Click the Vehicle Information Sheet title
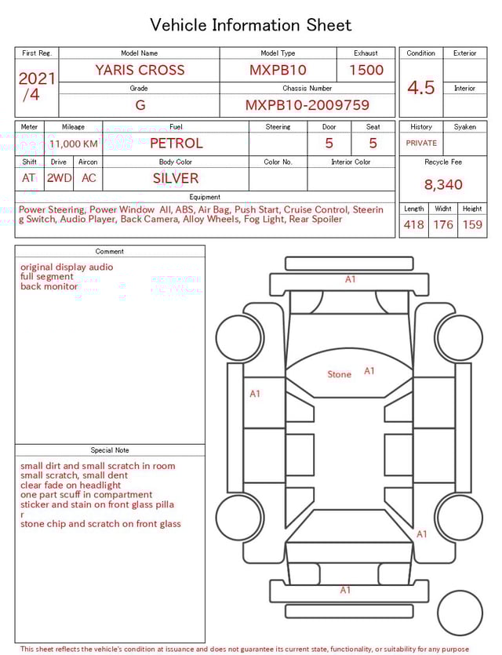pyautogui.click(x=250, y=25)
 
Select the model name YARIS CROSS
pyautogui.click(x=140, y=70)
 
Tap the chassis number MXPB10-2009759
pyautogui.click(x=307, y=105)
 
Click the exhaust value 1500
pyautogui.click(x=366, y=70)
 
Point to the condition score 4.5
pyautogui.click(x=420, y=87)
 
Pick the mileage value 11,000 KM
pyautogui.click(x=73, y=144)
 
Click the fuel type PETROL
pyautogui.click(x=176, y=143)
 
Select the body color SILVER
pyautogui.click(x=176, y=178)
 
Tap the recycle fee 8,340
pyautogui.click(x=443, y=184)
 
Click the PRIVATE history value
pyautogui.click(x=421, y=144)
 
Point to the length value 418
pyautogui.click(x=413, y=224)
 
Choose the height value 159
pyautogui.click(x=472, y=224)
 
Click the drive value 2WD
pyautogui.click(x=59, y=178)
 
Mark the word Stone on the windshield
pyautogui.click(x=339, y=374)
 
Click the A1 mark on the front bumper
pyautogui.click(x=350, y=279)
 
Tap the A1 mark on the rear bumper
pyautogui.click(x=345, y=590)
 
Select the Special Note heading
pyautogui.click(x=110, y=450)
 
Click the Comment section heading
pyautogui.click(x=110, y=251)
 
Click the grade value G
pyautogui.click(x=140, y=105)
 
